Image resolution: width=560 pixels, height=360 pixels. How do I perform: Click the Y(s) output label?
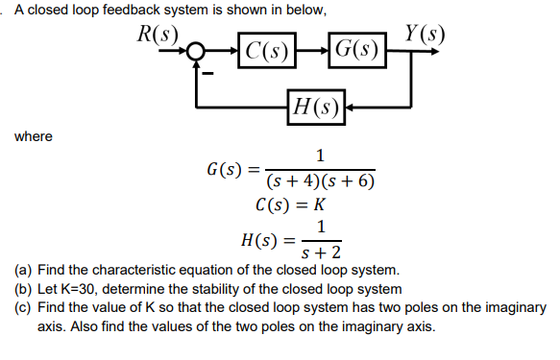pyautogui.click(x=424, y=33)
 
